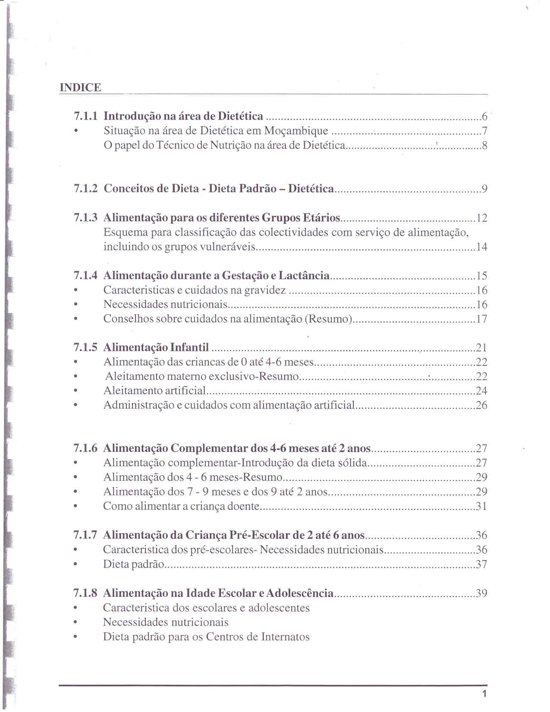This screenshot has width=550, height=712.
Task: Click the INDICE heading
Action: (x=80, y=88)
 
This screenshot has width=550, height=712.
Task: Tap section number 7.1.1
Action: (x=85, y=116)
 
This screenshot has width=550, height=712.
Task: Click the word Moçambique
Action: (x=296, y=131)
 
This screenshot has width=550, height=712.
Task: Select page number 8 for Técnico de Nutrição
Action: (x=484, y=145)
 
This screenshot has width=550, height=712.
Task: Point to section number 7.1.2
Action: (x=85, y=189)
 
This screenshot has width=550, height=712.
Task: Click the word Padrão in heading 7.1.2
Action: (x=258, y=189)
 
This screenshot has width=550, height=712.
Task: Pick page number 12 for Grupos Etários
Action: (x=481, y=218)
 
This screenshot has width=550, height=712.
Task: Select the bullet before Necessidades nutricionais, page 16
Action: (x=76, y=305)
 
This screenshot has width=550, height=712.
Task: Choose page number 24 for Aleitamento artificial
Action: (x=481, y=391)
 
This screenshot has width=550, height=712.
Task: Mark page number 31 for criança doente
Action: (x=481, y=506)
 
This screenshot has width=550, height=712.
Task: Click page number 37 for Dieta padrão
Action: (x=481, y=564)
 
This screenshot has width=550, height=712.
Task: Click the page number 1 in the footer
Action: (x=484, y=694)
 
